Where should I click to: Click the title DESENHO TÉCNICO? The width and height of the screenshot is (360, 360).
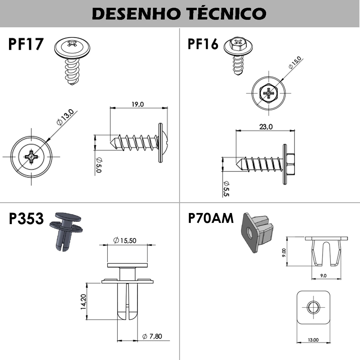point(179,13)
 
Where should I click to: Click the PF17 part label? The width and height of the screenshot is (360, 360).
point(26,44)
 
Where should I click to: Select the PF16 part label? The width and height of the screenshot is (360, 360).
point(203,44)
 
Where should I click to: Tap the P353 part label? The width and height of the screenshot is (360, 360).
point(26,219)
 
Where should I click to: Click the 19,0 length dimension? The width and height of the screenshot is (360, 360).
point(138,104)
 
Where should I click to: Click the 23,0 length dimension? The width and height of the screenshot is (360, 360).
point(266,127)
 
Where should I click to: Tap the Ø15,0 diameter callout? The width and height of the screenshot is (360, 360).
point(295,63)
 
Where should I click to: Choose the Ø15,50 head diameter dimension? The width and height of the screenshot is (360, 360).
point(125,240)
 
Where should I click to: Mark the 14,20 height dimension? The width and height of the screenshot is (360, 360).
point(83,301)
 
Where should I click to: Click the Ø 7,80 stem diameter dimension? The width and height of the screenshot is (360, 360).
point(152,337)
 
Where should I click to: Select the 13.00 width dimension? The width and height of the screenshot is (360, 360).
point(313,340)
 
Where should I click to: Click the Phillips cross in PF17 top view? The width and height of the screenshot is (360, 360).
point(31,157)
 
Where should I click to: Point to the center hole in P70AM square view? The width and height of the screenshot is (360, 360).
point(313,307)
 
